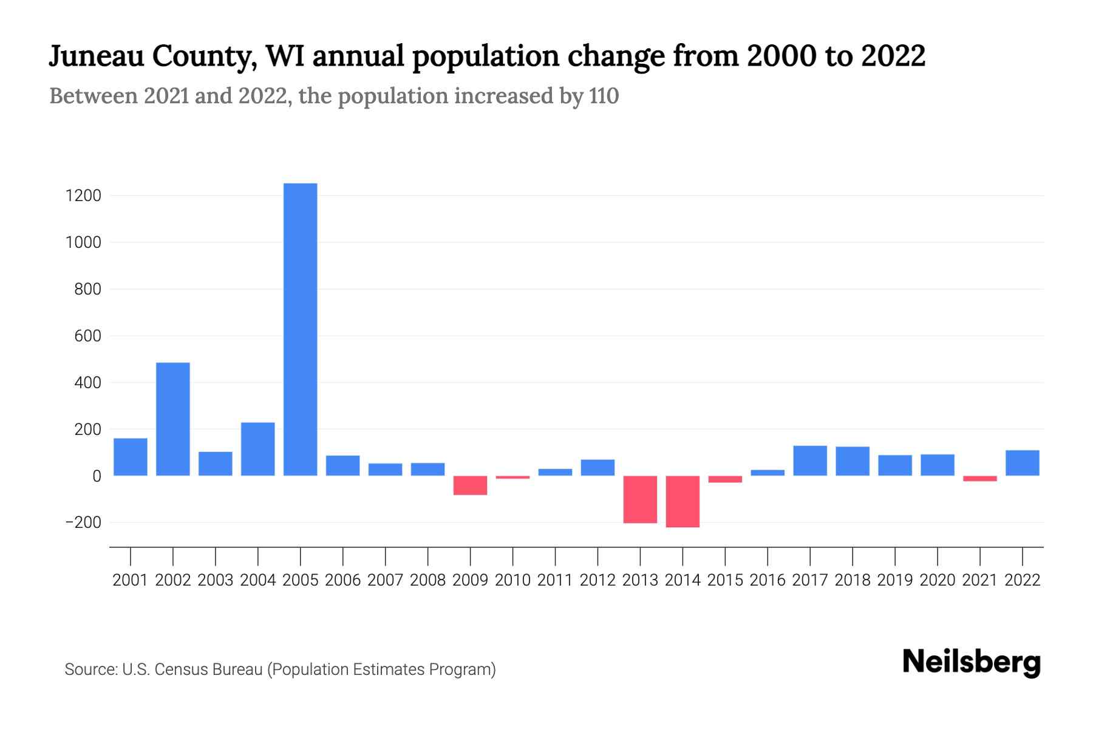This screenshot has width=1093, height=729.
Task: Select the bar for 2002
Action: (x=173, y=419)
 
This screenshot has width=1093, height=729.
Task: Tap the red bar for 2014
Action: (x=683, y=501)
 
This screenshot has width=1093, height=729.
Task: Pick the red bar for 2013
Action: (x=640, y=499)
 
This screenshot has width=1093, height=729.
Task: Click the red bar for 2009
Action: (x=471, y=485)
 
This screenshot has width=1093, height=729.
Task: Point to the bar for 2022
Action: (x=1023, y=463)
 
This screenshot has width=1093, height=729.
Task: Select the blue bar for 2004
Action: (x=258, y=449)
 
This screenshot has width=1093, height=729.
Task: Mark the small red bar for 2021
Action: (x=980, y=479)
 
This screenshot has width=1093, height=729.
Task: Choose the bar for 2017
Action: (x=810, y=460)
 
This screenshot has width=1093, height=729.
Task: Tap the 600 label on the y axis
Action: (x=88, y=336)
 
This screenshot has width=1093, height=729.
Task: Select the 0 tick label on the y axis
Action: (x=97, y=476)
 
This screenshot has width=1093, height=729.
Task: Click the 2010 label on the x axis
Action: (x=512, y=580)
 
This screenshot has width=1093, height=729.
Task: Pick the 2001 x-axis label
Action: (x=131, y=580)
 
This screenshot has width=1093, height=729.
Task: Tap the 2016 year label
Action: (x=768, y=580)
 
